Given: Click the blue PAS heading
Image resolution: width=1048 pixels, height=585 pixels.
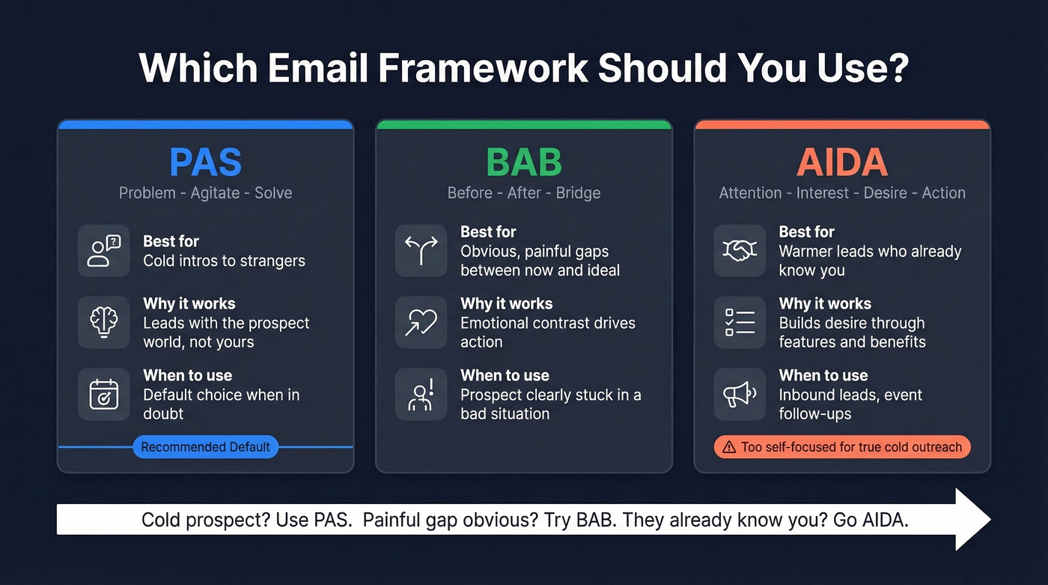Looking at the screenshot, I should click(205, 162).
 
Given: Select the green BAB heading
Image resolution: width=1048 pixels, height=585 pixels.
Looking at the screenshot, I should click(523, 162).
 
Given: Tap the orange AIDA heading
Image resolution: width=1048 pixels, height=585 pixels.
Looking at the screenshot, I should click(842, 162).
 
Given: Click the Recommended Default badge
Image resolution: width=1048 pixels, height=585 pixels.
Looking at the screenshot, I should click(205, 447).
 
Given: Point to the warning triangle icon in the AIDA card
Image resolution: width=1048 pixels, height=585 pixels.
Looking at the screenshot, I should click(729, 447).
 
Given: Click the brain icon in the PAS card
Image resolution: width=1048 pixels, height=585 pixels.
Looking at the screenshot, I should click(104, 322).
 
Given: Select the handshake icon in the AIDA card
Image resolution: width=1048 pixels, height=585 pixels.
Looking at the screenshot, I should click(740, 250).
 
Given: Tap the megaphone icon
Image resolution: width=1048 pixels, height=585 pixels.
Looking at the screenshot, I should click(740, 394).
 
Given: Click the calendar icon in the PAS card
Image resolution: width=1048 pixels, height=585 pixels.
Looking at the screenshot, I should click(104, 394).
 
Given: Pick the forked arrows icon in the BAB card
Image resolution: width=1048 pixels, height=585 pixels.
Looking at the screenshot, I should click(421, 250).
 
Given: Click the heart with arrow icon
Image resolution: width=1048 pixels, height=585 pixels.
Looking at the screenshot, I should click(421, 322).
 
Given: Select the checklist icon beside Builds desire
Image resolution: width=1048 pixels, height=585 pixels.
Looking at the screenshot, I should click(740, 322).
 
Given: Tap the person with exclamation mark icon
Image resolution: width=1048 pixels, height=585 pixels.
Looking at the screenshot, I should click(421, 394).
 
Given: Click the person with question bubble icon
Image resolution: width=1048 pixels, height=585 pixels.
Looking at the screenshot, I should click(104, 250).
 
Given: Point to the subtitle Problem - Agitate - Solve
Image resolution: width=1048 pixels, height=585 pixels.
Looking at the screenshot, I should click(205, 193).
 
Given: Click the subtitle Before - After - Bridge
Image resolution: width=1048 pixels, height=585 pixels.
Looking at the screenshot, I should click(523, 193).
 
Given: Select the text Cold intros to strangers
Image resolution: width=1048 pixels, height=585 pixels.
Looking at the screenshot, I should click(224, 261).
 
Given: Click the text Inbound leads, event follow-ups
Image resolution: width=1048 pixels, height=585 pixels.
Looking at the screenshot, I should click(850, 404).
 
